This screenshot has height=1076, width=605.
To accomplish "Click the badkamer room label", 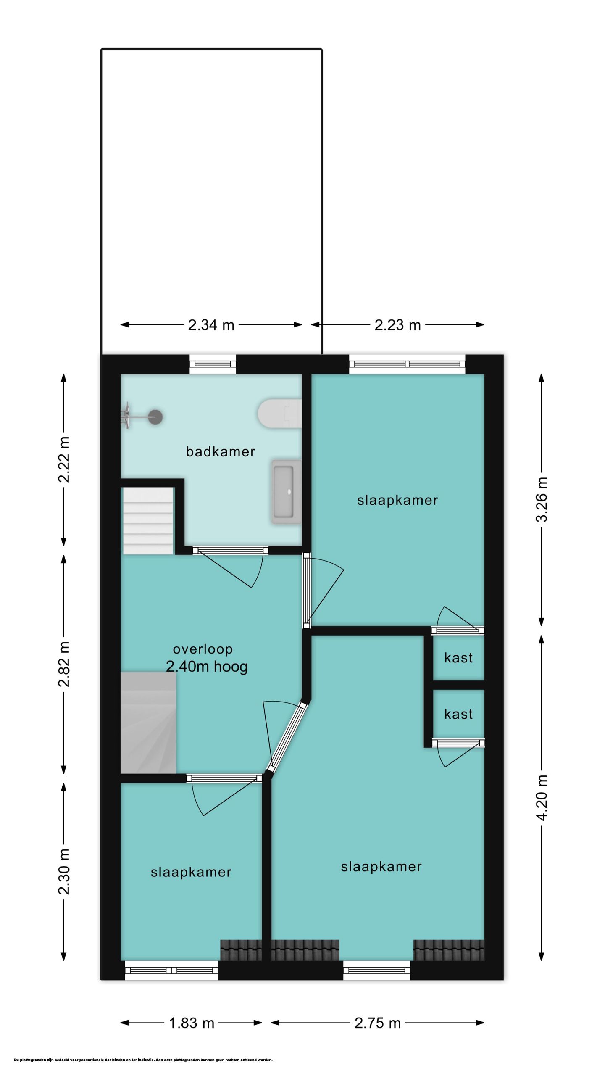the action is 220,452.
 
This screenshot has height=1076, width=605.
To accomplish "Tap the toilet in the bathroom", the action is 280,414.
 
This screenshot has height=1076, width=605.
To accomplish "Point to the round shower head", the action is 155,417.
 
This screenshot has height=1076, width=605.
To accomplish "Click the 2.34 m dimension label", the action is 211,325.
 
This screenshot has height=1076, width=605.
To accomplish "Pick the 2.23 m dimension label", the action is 397,325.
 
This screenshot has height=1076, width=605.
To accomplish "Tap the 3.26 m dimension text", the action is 542,500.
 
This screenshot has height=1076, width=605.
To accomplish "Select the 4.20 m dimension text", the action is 542,797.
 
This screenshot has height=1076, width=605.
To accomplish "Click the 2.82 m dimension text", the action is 64,664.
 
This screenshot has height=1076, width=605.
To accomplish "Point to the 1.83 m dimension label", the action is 192,1023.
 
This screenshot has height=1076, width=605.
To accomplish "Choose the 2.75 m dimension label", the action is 378,1023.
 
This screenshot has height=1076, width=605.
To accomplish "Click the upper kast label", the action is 458,658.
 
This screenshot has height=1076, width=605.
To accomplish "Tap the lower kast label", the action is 458,714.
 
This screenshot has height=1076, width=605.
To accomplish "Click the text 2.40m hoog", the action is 207,667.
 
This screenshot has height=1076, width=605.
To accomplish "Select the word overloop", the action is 203,649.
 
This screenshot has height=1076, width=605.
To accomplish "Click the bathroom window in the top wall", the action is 213,364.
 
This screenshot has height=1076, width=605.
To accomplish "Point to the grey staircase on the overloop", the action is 148,723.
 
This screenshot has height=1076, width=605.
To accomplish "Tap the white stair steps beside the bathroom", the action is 148,521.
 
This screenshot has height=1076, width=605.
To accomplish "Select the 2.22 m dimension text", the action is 64,459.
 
